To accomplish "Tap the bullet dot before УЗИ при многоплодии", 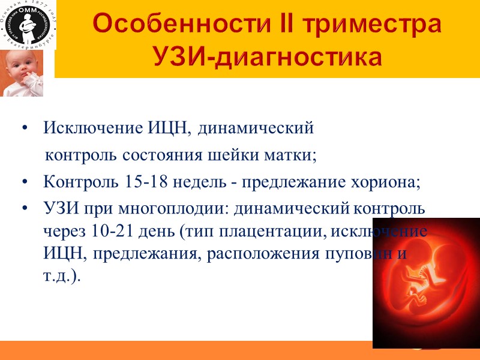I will pos(25,209).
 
